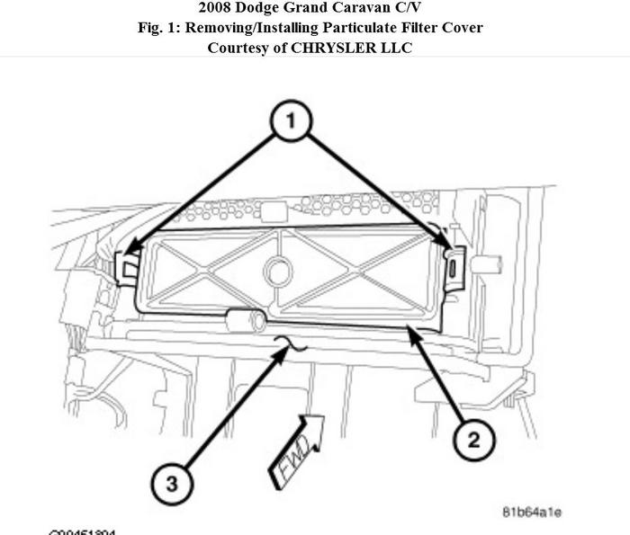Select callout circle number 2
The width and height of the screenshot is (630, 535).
pyautogui.click(x=473, y=440)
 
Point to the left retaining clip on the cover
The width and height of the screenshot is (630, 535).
pyautogui.click(x=129, y=266)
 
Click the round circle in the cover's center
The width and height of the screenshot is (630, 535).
pyautogui.click(x=278, y=269)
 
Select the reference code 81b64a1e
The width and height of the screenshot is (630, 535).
pyautogui.click(x=531, y=512)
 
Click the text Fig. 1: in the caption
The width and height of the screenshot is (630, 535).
pyautogui.click(x=162, y=28)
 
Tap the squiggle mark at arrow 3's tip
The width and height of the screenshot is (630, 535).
pyautogui.click(x=292, y=345)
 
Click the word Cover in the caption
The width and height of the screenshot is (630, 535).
pyautogui.click(x=463, y=28)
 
